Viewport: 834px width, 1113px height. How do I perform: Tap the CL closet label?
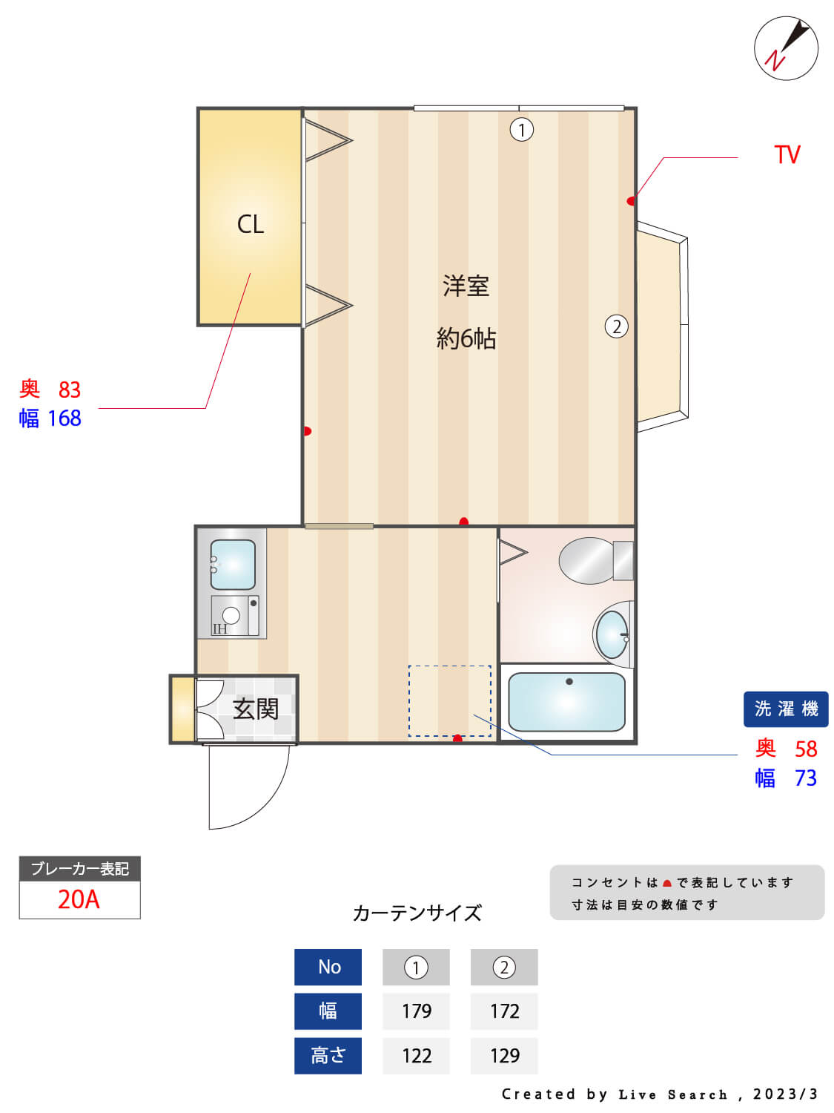tap(251, 224)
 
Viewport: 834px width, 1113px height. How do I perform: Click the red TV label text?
tap(787, 155)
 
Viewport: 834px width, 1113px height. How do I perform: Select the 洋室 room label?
tap(466, 286)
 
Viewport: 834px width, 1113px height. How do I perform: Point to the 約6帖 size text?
tap(466, 339)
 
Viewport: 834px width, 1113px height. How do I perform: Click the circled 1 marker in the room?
tap(521, 131)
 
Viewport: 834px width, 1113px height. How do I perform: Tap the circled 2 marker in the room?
tap(616, 326)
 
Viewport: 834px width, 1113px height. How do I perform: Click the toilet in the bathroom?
tap(593, 561)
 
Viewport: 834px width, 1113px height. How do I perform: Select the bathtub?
tap(566, 702)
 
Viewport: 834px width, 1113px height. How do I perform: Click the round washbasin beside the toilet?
tap(612, 634)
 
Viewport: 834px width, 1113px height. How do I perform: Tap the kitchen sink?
tap(233, 565)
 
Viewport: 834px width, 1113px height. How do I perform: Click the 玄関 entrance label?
tap(256, 709)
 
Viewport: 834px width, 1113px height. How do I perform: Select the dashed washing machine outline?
tap(449, 701)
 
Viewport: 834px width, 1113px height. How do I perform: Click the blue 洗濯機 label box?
tap(786, 709)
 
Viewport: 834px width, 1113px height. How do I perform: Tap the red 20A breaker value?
tap(79, 899)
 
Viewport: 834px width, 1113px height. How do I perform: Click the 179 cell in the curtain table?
tap(416, 1011)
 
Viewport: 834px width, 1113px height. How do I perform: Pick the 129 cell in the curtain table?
tap(504, 1055)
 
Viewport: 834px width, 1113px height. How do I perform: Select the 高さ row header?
tap(328, 1055)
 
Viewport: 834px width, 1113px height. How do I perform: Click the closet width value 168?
tap(64, 418)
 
